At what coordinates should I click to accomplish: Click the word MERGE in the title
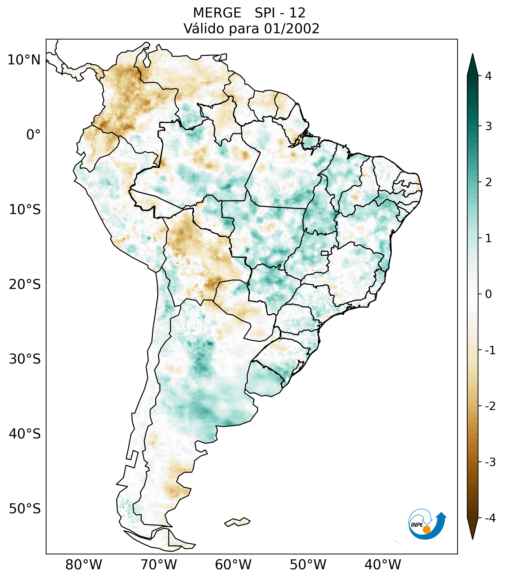217,13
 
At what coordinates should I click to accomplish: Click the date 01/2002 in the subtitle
292,29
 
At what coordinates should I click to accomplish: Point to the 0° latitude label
33,135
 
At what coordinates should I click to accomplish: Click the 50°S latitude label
25,509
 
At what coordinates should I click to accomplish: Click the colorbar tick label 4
488,76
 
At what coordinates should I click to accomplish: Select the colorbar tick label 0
488,294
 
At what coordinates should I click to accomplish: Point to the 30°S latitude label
25,359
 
